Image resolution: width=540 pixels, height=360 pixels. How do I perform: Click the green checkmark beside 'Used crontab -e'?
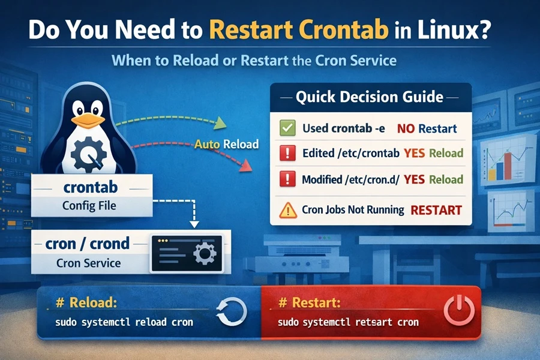pos(287,128)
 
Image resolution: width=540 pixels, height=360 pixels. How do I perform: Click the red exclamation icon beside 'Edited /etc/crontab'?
pos(287,153)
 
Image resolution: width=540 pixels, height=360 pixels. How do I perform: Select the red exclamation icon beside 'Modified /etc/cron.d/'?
pos(287,179)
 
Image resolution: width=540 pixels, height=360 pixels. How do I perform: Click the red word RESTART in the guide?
pos(436,210)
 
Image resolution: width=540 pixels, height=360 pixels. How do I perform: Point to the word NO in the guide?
pos(406,128)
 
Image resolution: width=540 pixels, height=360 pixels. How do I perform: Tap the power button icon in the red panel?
pos(457,312)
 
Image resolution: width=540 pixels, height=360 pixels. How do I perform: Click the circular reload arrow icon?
pos(231,312)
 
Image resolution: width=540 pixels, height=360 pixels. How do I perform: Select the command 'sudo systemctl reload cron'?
pos(124,322)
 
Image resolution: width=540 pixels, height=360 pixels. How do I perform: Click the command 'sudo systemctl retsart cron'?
pos(347,322)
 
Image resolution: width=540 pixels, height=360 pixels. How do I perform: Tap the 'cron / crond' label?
pos(88,244)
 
